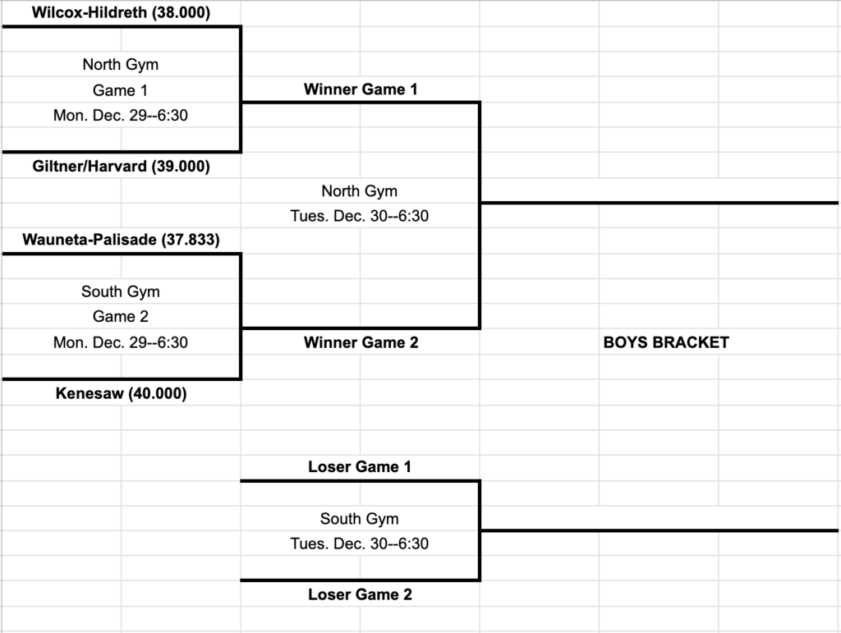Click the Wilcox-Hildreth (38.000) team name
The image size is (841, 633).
(x=121, y=13)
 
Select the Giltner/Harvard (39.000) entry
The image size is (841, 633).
(x=121, y=166)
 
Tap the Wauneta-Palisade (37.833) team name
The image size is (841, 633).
(x=121, y=240)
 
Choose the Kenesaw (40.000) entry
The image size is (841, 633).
(x=121, y=394)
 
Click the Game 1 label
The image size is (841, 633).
(x=120, y=90)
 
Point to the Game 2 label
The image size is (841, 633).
(x=120, y=316)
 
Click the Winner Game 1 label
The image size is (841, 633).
(x=361, y=89)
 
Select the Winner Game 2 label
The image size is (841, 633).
(x=361, y=342)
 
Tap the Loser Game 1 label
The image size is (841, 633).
(x=360, y=467)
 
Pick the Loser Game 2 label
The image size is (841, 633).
(x=360, y=594)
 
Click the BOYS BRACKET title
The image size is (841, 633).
(x=666, y=342)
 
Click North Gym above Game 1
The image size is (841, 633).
(x=120, y=64)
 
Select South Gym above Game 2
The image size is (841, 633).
(x=120, y=291)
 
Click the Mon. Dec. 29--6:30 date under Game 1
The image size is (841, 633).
(x=120, y=116)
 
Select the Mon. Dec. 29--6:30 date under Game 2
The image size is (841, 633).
(x=120, y=342)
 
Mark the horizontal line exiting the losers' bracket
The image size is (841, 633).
(x=657, y=530)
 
